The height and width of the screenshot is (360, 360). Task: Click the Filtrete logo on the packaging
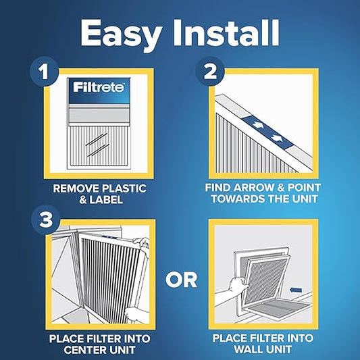[93, 86]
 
